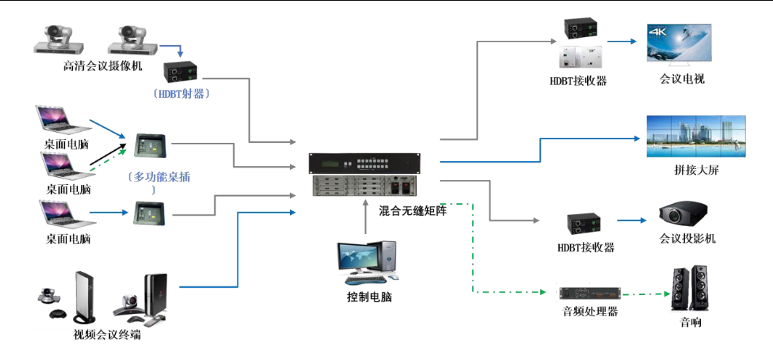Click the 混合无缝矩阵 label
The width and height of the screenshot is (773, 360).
(x=413, y=211)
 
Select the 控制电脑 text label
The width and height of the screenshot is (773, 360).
(x=369, y=297)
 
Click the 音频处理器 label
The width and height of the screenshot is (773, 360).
(x=590, y=312)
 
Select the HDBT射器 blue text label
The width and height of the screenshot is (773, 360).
(x=182, y=93)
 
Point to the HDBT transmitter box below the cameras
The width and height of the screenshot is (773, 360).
(x=182, y=71)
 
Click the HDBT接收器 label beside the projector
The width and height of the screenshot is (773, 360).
(x=586, y=248)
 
